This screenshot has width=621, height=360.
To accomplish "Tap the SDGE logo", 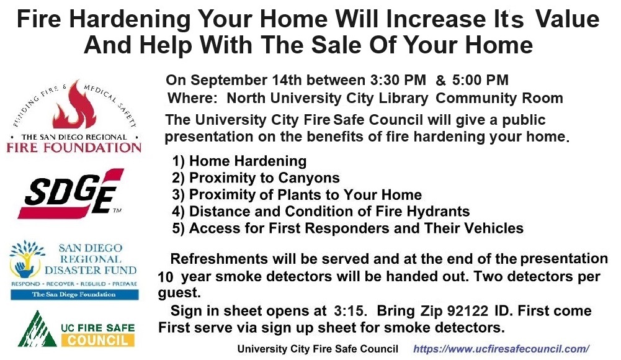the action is pos(71,194).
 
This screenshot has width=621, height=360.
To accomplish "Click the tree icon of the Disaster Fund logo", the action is pos(26,259).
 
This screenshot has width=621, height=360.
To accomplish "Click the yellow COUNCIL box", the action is pos(98,340).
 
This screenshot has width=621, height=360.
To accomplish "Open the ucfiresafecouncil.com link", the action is pos(501,349).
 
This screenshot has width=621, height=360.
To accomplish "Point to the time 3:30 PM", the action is pos(398,80).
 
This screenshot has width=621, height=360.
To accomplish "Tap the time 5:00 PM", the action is pos(480,80).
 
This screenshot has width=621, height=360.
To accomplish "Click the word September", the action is pos(229,81).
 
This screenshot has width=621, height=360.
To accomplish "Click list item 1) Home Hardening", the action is pos(239,161).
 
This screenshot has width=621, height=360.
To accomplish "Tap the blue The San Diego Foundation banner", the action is pos(74,295).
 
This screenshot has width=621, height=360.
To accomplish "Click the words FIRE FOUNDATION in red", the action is pos(74,148).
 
